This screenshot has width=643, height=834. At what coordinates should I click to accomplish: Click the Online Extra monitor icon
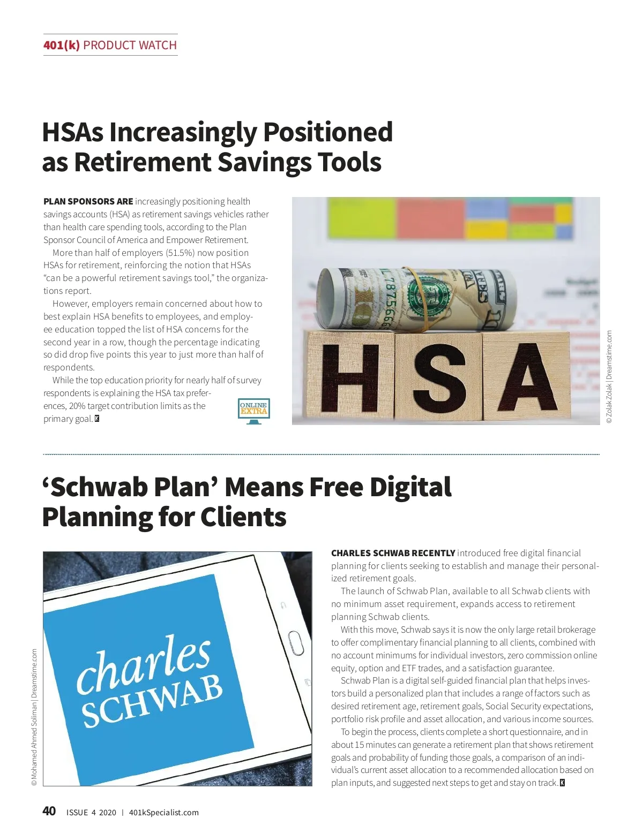(x=253, y=411)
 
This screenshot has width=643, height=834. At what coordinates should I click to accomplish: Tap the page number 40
(x=49, y=811)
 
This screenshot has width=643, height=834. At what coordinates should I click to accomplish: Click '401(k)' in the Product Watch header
(x=61, y=45)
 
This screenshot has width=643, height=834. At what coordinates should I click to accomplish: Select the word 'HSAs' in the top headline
(x=72, y=132)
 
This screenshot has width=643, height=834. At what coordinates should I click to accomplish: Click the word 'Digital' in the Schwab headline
(x=410, y=487)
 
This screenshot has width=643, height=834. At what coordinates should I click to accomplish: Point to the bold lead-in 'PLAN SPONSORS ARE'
(x=88, y=201)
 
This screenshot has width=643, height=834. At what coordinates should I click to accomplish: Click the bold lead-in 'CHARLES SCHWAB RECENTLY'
(x=393, y=553)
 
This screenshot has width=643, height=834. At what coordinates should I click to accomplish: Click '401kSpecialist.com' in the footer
(x=163, y=812)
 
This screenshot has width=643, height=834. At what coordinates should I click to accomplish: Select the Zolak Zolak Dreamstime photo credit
(x=609, y=377)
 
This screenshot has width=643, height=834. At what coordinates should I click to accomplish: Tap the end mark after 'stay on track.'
(x=562, y=783)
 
